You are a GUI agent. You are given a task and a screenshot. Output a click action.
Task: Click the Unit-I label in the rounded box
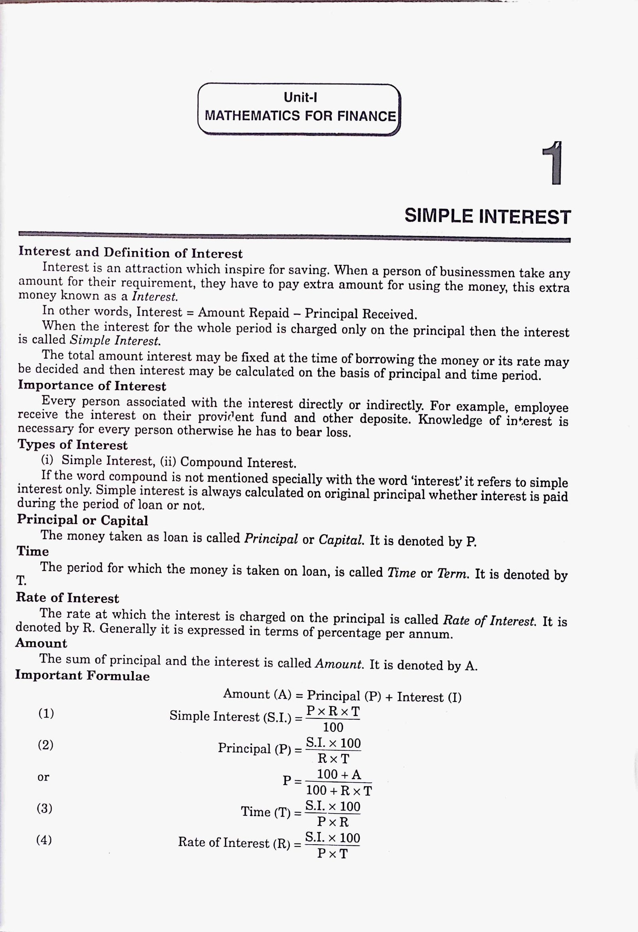pos(300,97)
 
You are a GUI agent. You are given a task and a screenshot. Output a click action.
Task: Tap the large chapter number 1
pos(553,163)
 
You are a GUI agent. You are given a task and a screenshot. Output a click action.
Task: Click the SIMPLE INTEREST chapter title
pos(487,217)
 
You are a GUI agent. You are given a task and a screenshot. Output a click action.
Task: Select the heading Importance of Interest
pos(92,386)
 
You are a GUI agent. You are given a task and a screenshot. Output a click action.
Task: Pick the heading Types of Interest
pos(73,445)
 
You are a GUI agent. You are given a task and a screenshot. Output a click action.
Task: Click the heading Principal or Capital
pos(83,520)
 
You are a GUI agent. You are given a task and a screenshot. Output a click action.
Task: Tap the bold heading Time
pos(33,552)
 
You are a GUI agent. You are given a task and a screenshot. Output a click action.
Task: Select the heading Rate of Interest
pos(67,598)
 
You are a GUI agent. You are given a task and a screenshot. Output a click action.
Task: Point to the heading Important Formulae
pos(83,675)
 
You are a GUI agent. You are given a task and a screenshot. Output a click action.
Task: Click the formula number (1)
pos(46,713)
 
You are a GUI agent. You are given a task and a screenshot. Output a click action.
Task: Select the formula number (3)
pos(45,808)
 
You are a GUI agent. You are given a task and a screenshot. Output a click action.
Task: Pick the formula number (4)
pos(44,839)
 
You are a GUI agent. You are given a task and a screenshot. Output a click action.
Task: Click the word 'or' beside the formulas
pos(43,777)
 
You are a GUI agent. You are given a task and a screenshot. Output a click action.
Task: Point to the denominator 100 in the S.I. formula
pos(333,727)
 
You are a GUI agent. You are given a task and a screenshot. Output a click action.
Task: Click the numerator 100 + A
pos(339,774)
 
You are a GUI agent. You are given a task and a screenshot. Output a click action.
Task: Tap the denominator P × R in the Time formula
pos(333,822)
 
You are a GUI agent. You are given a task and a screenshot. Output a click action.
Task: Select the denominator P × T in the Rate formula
pos(332,853)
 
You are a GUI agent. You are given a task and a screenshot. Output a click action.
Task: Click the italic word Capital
pos(341,539)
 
